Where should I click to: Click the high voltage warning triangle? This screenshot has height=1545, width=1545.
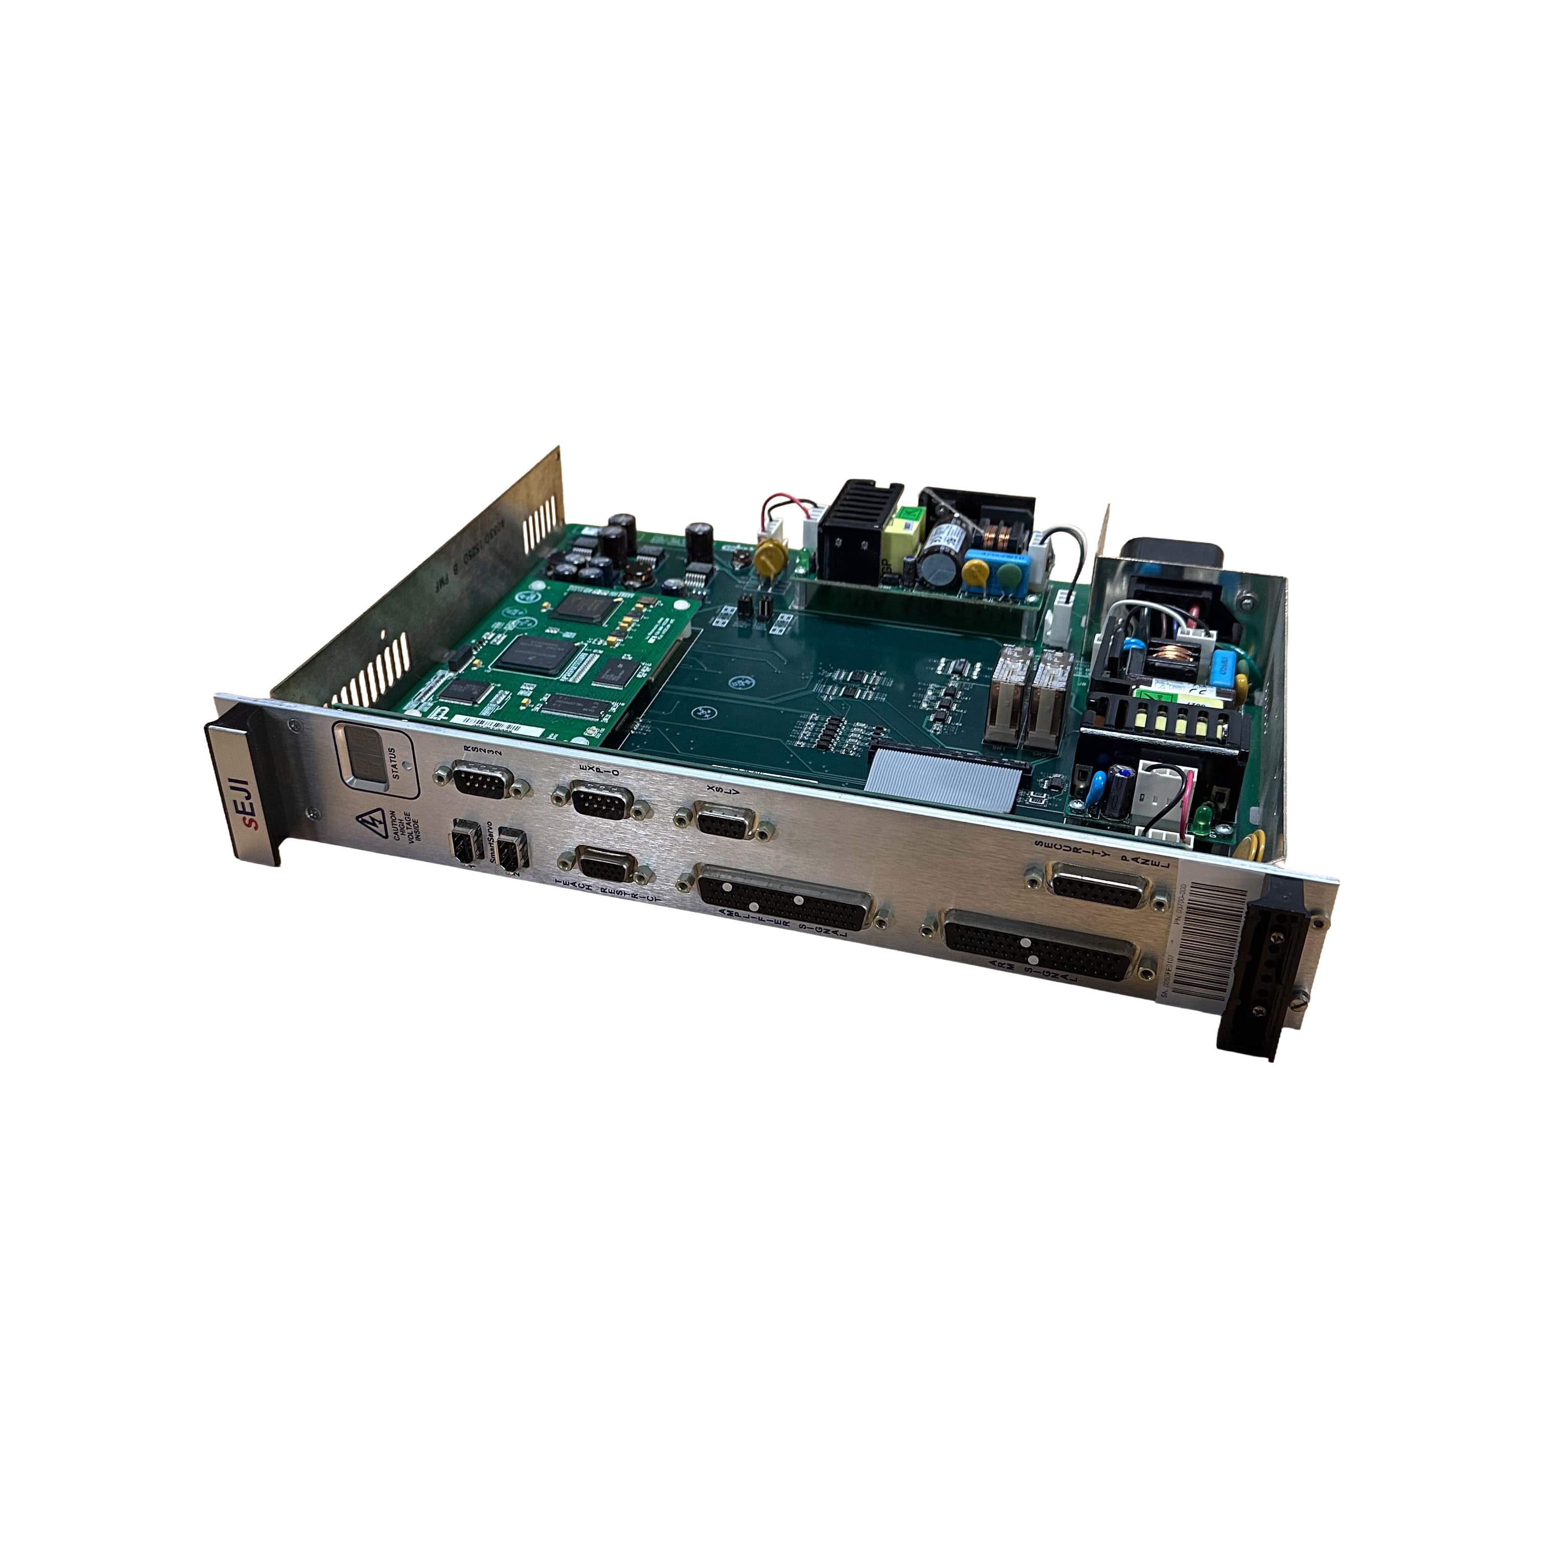point(370,821)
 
